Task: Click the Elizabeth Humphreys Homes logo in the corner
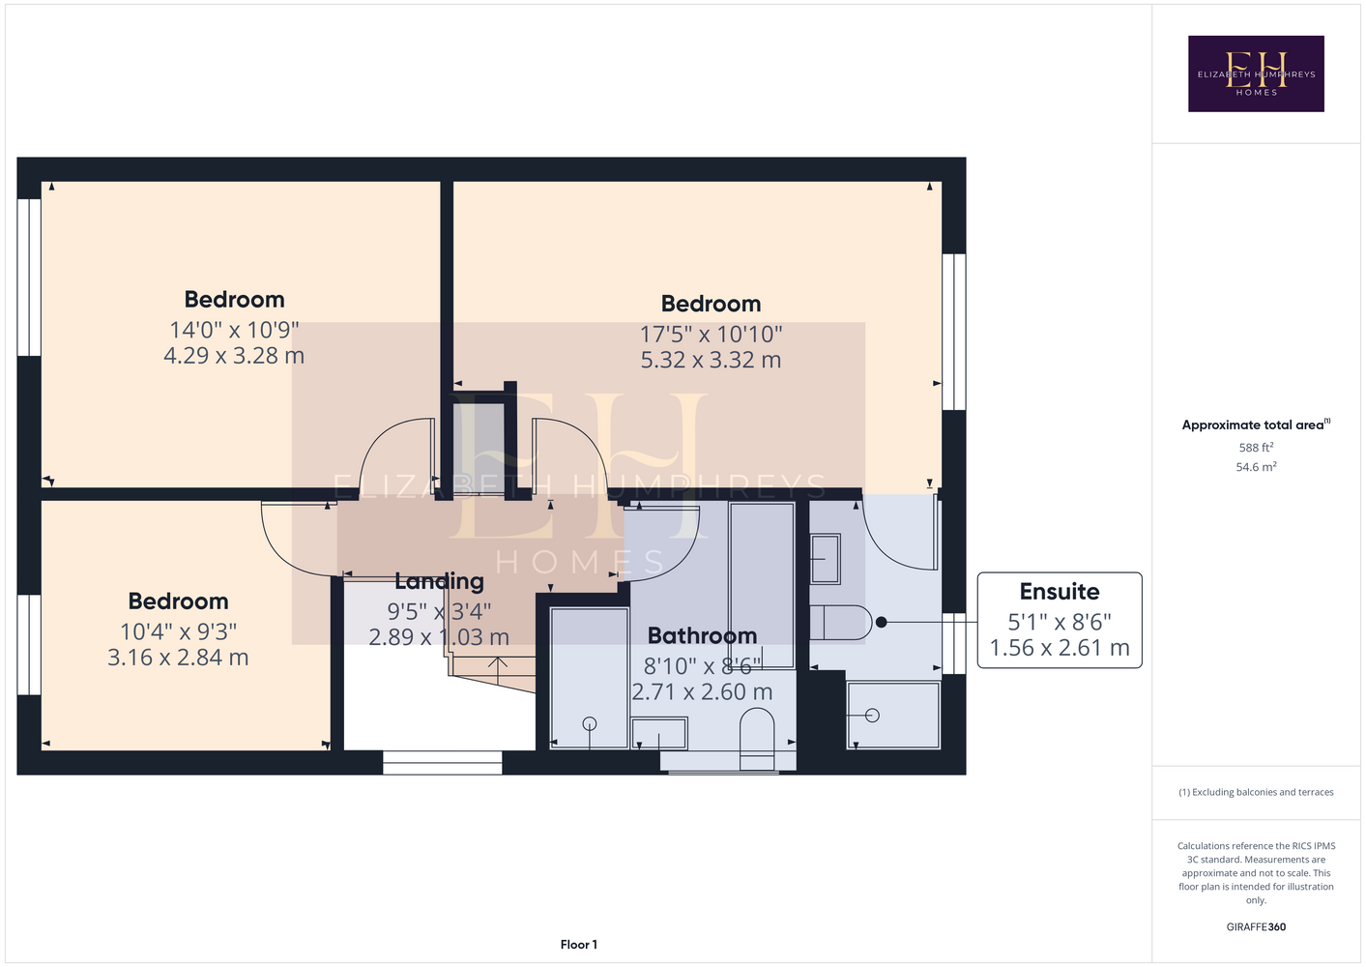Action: [1256, 73]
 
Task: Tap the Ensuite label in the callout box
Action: [1060, 592]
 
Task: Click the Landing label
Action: [439, 581]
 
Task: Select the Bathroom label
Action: [702, 635]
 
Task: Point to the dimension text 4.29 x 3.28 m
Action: [234, 356]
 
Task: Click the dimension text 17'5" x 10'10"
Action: [711, 334]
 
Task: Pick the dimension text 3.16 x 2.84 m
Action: [178, 658]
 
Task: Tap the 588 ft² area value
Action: [1256, 447]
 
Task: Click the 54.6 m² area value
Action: [1256, 467]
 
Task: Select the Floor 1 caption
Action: [579, 945]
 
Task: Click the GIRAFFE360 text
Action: [1256, 927]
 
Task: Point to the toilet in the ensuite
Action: [841, 623]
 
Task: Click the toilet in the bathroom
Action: [757, 739]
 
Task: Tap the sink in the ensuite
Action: [825, 559]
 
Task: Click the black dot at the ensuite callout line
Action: [882, 623]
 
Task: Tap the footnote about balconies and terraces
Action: [1256, 792]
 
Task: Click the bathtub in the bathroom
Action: [762, 586]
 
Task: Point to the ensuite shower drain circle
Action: [872, 715]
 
